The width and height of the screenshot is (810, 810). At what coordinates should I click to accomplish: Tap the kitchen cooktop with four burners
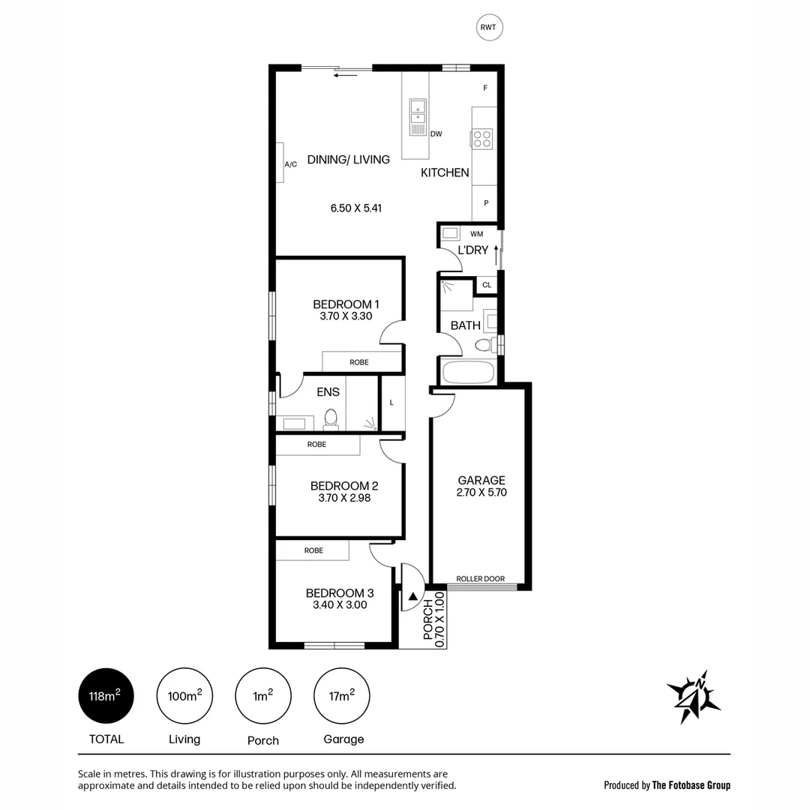coord(482,139)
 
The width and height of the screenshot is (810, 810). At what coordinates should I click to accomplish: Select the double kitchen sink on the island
coord(416,112)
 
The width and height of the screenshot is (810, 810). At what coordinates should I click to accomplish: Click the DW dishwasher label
coord(436,134)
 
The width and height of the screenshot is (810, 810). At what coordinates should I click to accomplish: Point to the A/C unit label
coord(290,164)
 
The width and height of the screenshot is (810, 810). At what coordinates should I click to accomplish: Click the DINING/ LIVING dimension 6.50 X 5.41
coord(356,208)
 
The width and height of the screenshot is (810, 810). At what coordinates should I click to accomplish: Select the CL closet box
coord(487,285)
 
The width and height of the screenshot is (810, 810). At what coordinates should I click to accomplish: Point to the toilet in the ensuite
coord(330,418)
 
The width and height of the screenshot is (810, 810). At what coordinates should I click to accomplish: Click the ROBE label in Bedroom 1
coord(358,362)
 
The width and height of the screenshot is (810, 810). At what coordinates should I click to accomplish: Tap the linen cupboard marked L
coord(391,403)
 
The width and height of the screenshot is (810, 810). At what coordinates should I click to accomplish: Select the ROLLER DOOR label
coord(481,579)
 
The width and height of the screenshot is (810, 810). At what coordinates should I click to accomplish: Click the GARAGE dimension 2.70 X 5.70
coord(481,493)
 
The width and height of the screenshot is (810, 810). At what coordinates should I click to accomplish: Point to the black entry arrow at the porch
coord(413,597)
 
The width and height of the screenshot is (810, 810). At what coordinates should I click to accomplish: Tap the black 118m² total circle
coord(106,696)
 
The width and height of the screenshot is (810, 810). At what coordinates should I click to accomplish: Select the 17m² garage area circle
coord(342,696)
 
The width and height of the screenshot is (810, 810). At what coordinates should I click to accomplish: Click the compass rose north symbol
coord(694,695)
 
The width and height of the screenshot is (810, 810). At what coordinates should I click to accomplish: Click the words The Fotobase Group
coord(691,785)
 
